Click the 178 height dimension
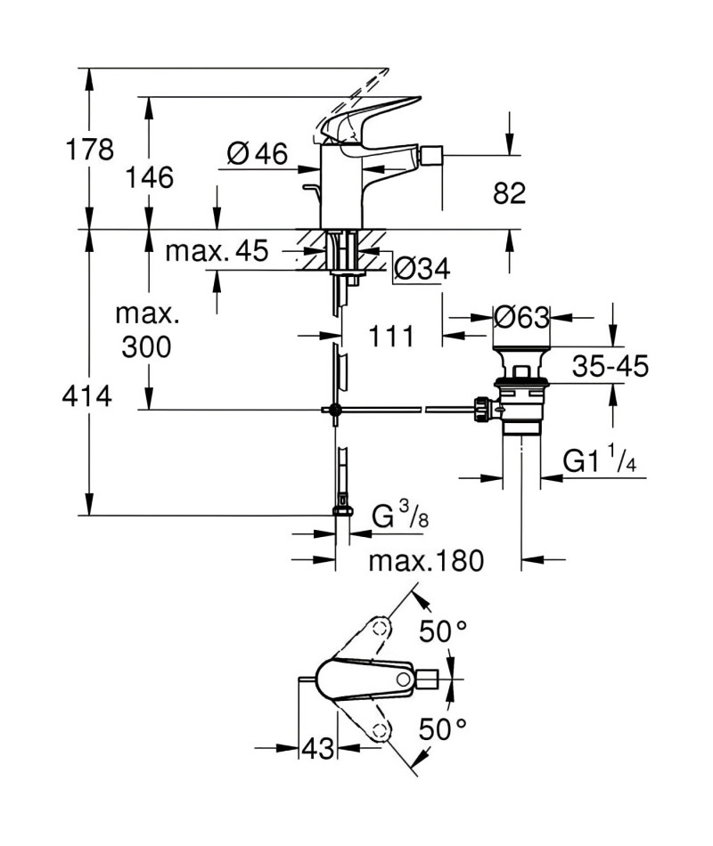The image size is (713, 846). pyautogui.click(x=90, y=150)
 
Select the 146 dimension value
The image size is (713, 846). pyautogui.click(x=150, y=177)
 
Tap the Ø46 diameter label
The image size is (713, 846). pyautogui.click(x=257, y=154)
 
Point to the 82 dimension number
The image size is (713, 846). pyautogui.click(x=510, y=192)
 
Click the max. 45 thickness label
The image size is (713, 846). pyautogui.click(x=217, y=251)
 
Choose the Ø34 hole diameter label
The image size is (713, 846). pyautogui.click(x=422, y=268)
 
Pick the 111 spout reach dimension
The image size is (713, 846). pyautogui.click(x=391, y=336)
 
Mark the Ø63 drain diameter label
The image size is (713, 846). pyautogui.click(x=521, y=317)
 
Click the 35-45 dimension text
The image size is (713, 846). pyautogui.click(x=611, y=366)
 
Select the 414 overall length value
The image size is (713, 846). pyautogui.click(x=87, y=396)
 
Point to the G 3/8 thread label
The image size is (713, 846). pyautogui.click(x=400, y=515)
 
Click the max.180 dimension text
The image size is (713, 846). pyautogui.click(x=426, y=561)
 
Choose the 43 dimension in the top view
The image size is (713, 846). pyautogui.click(x=317, y=748)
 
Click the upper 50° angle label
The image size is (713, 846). pyautogui.click(x=443, y=630)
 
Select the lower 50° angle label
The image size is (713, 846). pyautogui.click(x=442, y=729)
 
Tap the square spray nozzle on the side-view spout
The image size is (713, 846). pyautogui.click(x=431, y=155)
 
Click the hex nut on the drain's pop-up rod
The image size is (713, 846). pyautogui.click(x=482, y=410)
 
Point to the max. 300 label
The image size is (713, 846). pyautogui.click(x=147, y=330)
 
